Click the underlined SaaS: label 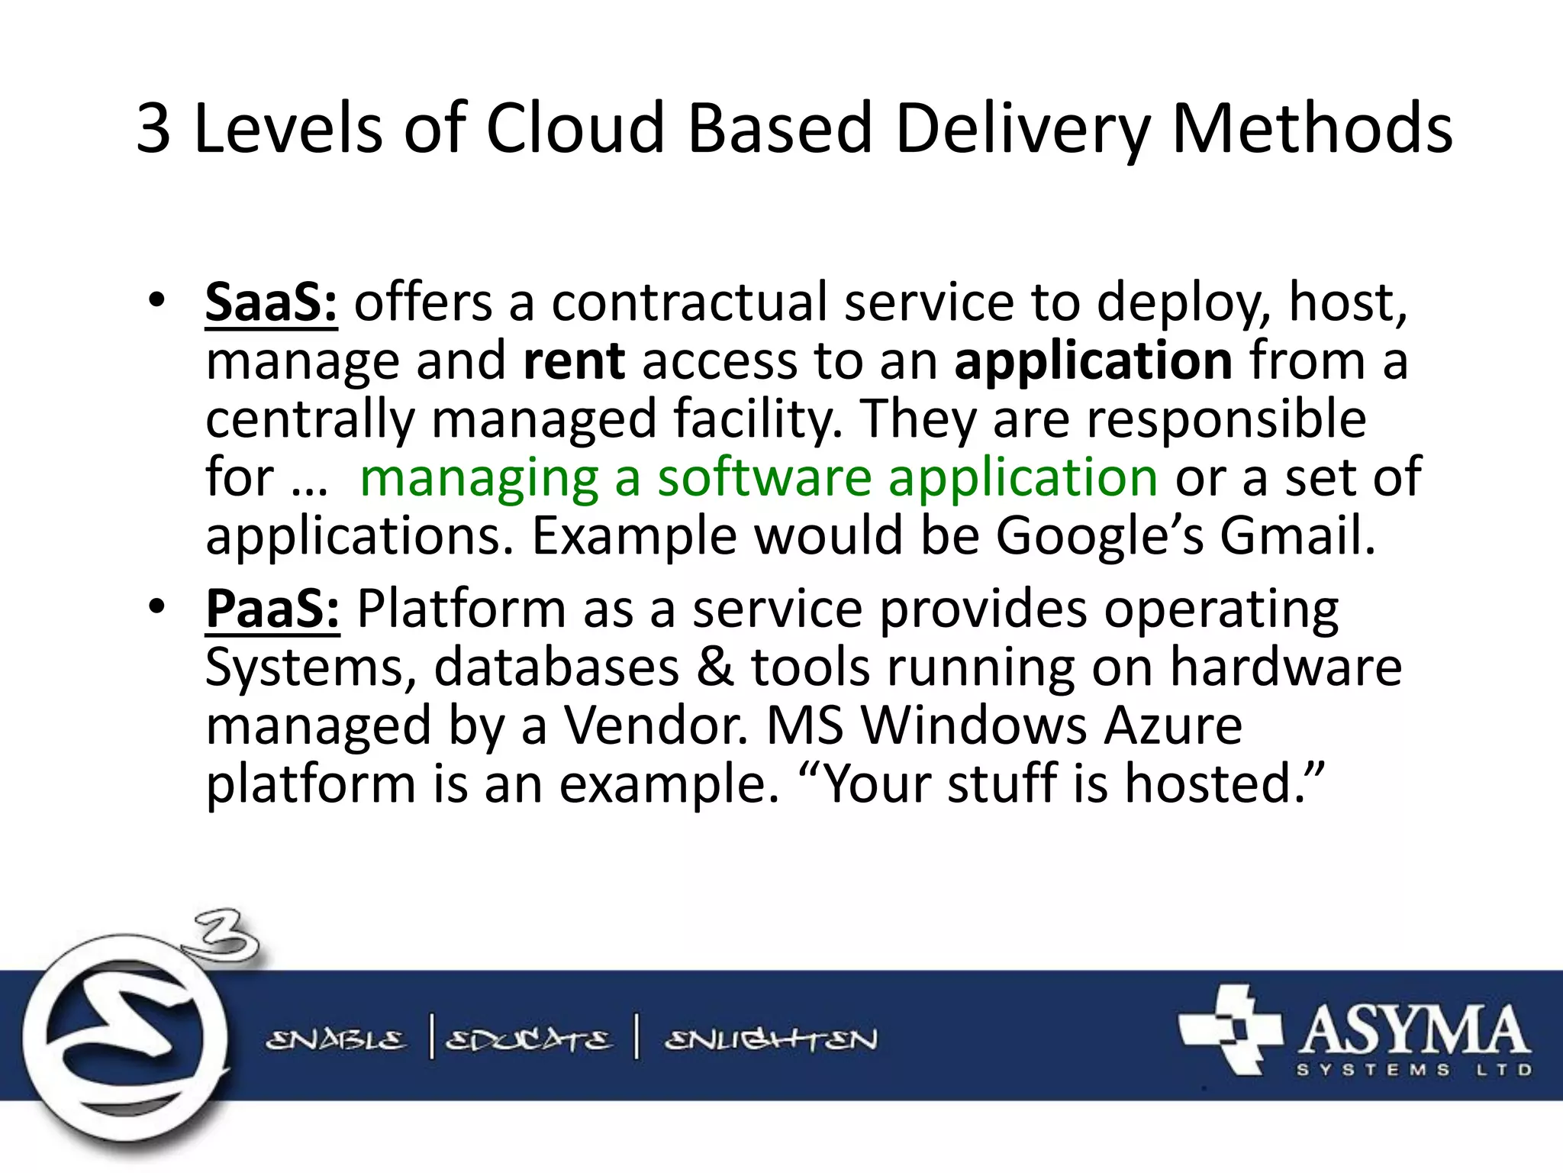pyautogui.click(x=271, y=303)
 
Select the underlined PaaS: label pyautogui.click(x=272, y=609)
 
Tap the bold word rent pyautogui.click(x=574, y=360)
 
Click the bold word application pyautogui.click(x=1093, y=360)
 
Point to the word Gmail pyautogui.click(x=1297, y=535)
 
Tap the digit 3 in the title pyautogui.click(x=153, y=128)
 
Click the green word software pyautogui.click(x=764, y=478)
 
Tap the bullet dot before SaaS pyautogui.click(x=156, y=301)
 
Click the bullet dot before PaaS pyautogui.click(x=156, y=607)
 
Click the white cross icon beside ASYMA pyautogui.click(x=1230, y=1029)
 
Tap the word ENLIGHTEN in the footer pyautogui.click(x=771, y=1040)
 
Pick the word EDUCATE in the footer pyautogui.click(x=528, y=1040)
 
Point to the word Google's pyautogui.click(x=1099, y=535)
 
